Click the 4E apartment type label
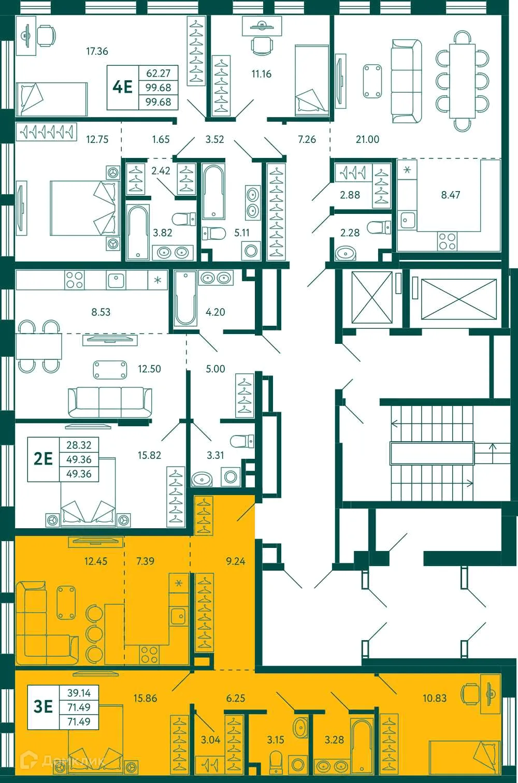(123, 87)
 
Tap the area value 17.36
(97, 51)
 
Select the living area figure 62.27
(158, 73)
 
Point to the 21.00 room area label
(367, 139)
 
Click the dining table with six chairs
(462, 80)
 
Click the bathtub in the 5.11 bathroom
(213, 192)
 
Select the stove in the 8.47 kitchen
(448, 240)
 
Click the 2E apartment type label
(43, 459)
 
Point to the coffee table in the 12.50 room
(110, 370)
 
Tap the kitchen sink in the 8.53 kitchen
(116, 280)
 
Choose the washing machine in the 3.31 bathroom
(231, 477)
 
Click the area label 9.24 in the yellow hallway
(236, 561)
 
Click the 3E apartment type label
(43, 706)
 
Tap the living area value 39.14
(79, 692)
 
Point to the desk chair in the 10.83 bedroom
(470, 693)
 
